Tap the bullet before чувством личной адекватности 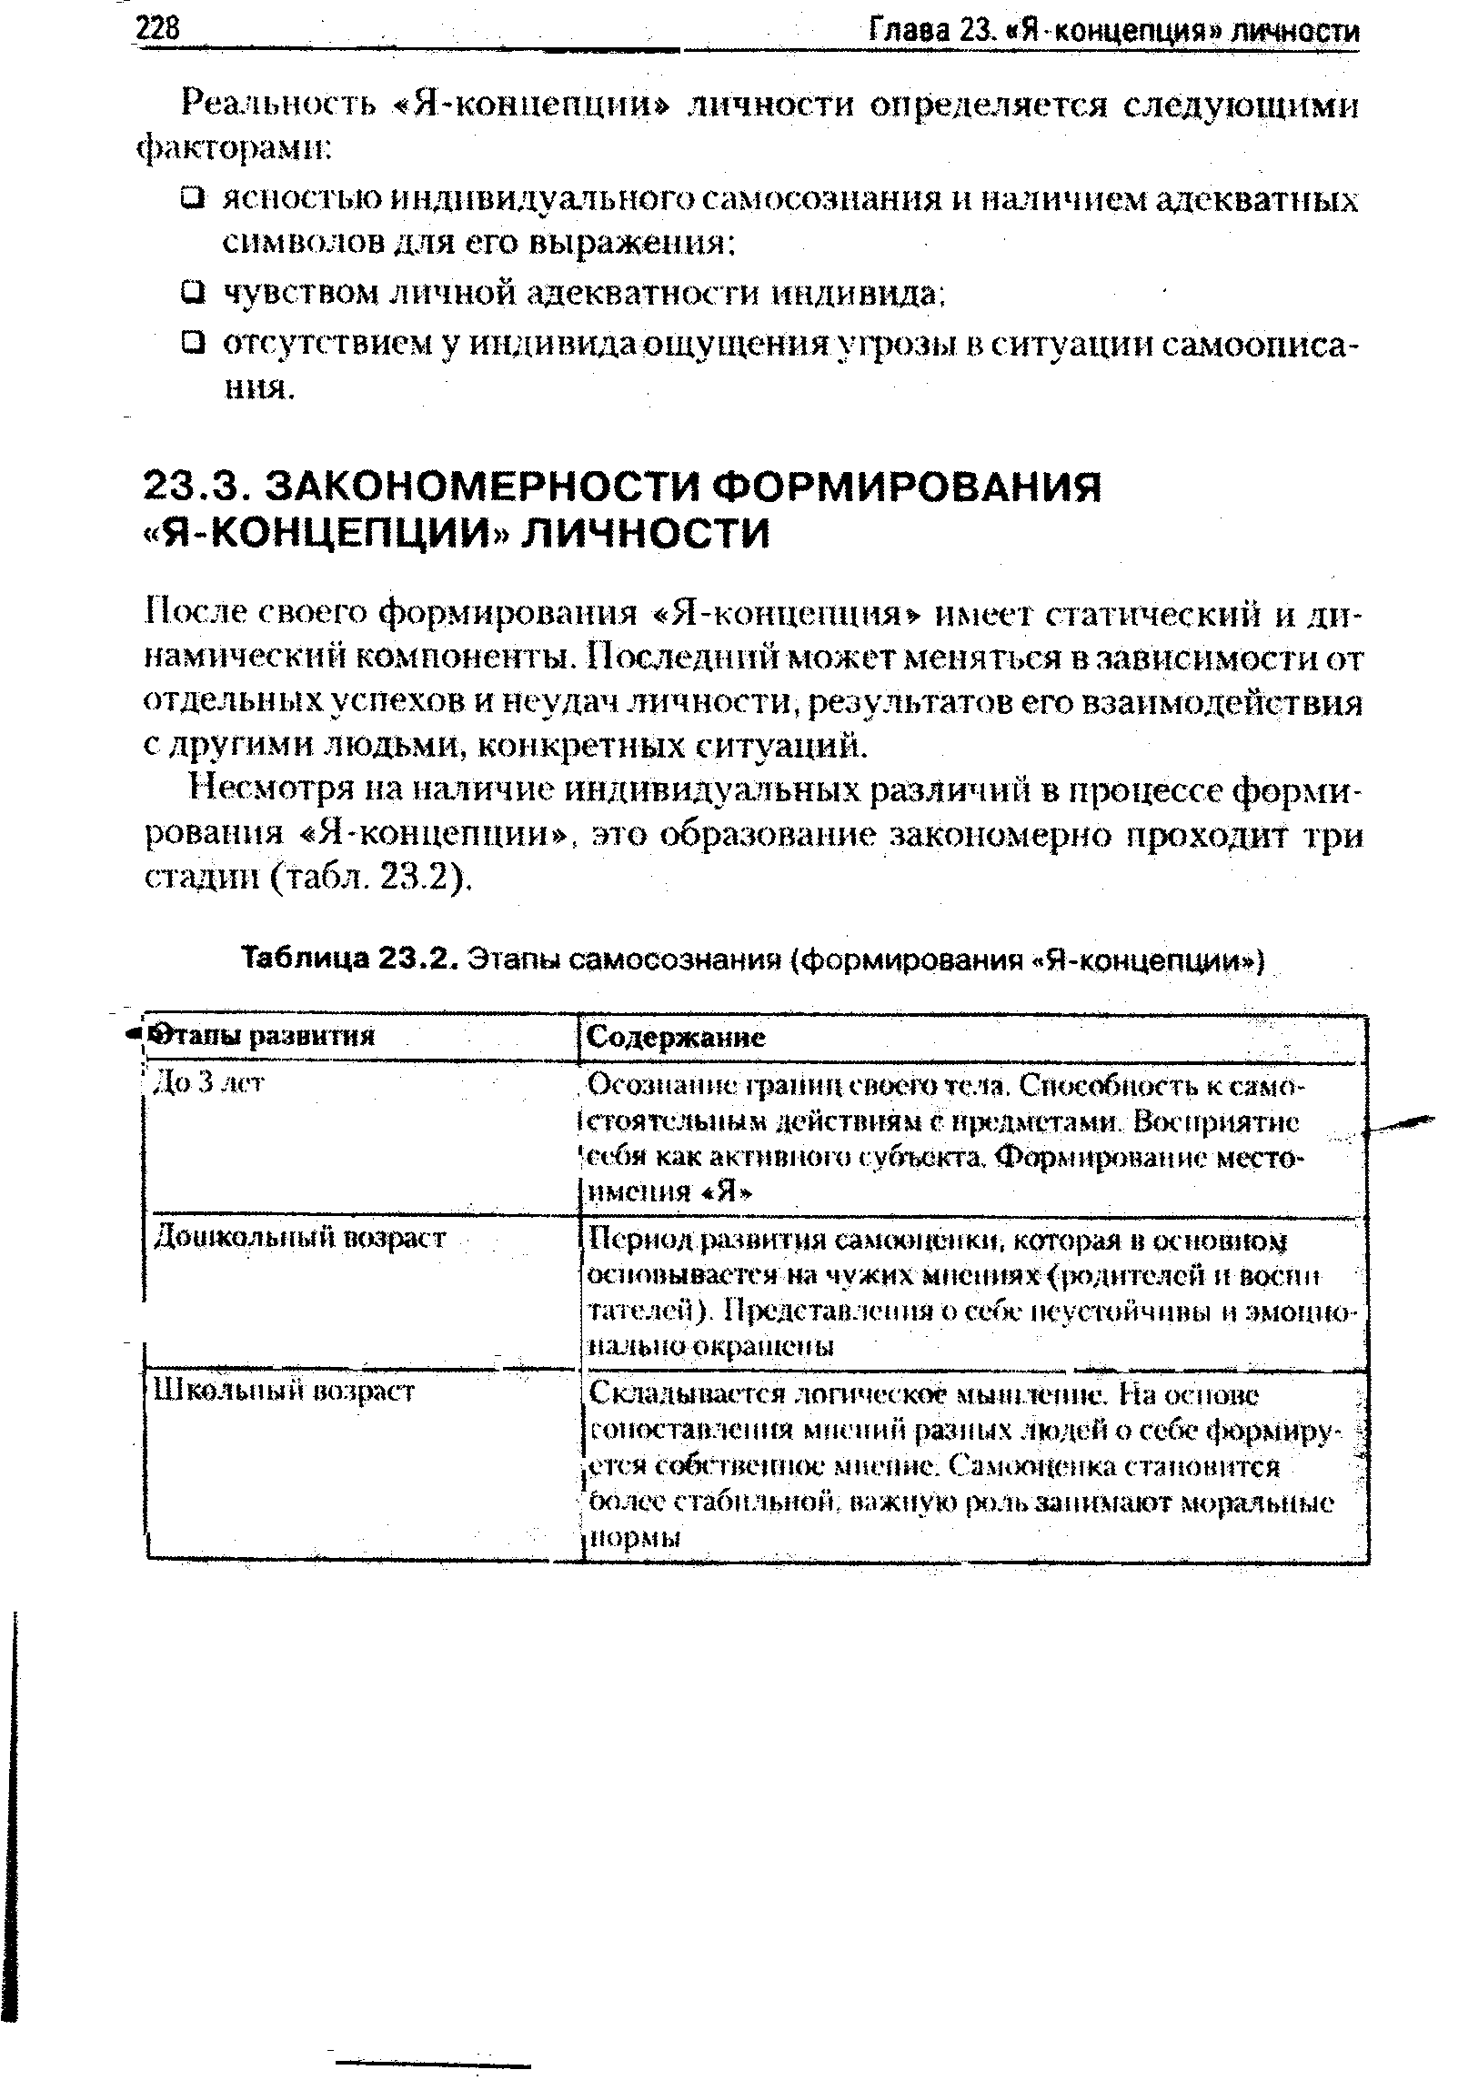point(191,292)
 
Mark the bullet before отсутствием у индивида point(191,343)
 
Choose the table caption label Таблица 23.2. point(350,960)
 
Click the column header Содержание point(676,1037)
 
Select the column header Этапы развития point(263,1036)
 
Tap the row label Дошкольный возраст point(299,1236)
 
